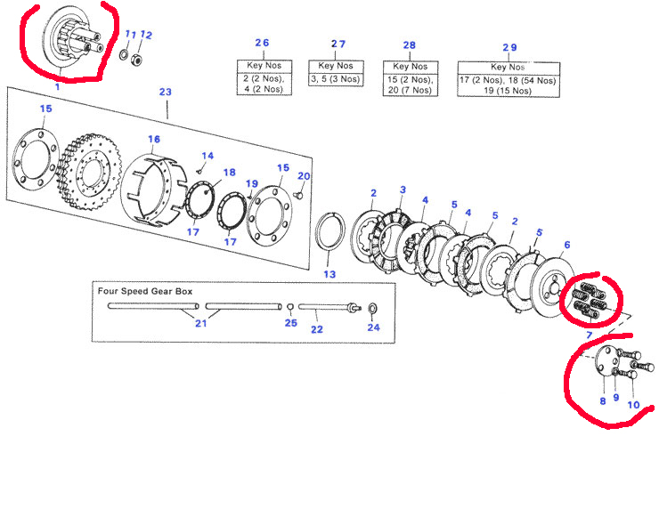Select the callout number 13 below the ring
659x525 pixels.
pyautogui.click(x=329, y=275)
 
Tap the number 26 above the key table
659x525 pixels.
pyautogui.click(x=262, y=44)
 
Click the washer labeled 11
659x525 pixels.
pyautogui.click(x=122, y=56)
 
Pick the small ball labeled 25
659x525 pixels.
pyautogui.click(x=290, y=308)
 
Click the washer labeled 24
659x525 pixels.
pyautogui.click(x=371, y=309)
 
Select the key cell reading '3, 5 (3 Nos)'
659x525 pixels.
pyautogui.click(x=331, y=79)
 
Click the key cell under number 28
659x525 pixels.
pyautogui.click(x=410, y=85)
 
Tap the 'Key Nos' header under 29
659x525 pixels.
pyautogui.click(x=509, y=66)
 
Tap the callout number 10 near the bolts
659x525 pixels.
pyautogui.click(x=633, y=405)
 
